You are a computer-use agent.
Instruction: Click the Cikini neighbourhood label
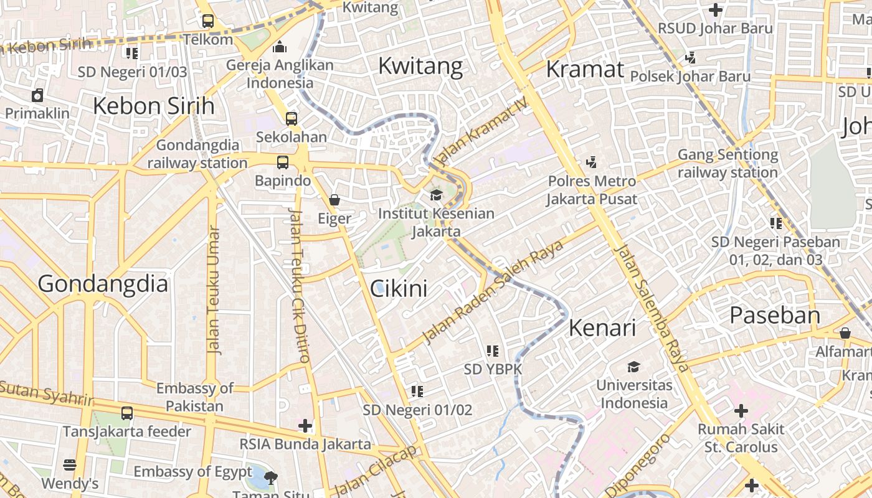coord(399,289)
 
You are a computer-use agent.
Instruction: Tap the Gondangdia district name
coord(103,284)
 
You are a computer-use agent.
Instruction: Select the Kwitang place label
coord(420,66)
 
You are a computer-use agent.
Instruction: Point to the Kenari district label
coord(602,328)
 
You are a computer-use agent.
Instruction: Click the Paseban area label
coord(775,315)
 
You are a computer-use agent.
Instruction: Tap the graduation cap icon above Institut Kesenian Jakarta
coord(436,195)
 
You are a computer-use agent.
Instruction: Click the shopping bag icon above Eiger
coord(334,200)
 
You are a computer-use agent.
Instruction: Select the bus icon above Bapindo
coord(283,162)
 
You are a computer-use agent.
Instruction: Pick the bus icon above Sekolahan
coord(291,118)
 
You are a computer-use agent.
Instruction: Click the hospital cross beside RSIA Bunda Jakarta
coord(305,426)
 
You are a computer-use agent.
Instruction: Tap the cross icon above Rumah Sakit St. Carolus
coord(741,411)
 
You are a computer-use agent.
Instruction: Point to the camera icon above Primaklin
coord(37,95)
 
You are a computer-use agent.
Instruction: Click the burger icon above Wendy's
coord(70,465)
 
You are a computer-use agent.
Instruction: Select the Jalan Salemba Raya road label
coord(652,309)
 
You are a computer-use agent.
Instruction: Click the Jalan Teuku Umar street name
coord(214,290)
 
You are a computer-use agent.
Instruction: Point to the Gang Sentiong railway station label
coord(727,163)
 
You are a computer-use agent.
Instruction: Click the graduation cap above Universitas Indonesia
coord(633,367)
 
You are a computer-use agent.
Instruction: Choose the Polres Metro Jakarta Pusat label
coord(592,190)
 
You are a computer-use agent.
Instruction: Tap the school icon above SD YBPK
coord(493,351)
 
